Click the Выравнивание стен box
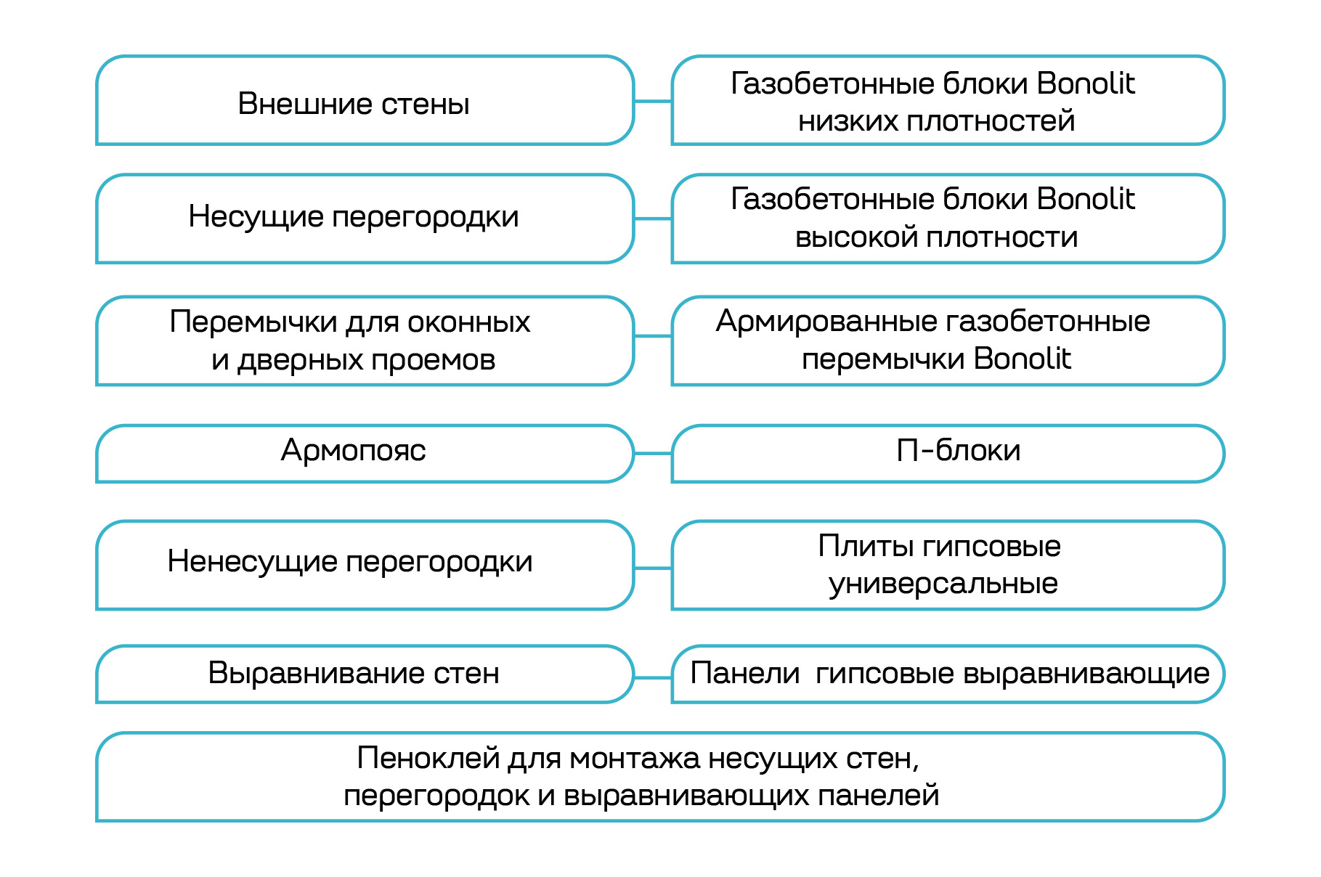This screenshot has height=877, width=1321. click(x=353, y=673)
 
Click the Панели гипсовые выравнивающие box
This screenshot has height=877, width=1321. click(x=948, y=673)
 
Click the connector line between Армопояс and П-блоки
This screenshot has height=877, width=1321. click(x=653, y=454)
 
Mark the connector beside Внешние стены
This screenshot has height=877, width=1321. click(x=653, y=102)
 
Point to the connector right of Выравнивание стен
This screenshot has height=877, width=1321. click(x=653, y=678)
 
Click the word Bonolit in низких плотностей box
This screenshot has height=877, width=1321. click(x=1085, y=83)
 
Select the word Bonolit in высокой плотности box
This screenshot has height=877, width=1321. click(x=1085, y=199)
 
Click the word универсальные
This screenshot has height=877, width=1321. click(x=943, y=584)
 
